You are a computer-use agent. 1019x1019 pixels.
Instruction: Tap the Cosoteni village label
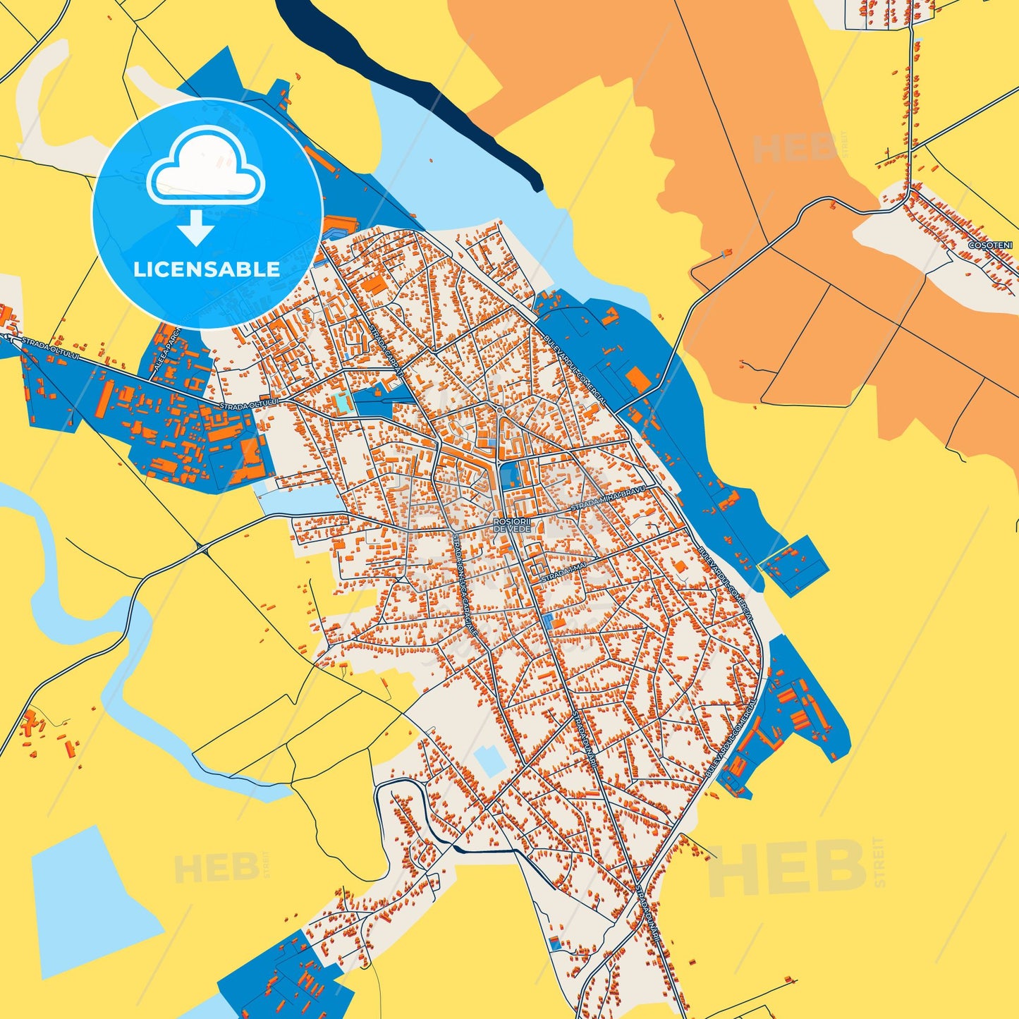(991, 245)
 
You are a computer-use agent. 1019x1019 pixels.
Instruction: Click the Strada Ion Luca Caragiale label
(465, 585)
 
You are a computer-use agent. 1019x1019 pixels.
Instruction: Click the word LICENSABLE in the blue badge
(207, 269)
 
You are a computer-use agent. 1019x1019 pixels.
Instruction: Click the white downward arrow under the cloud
(196, 228)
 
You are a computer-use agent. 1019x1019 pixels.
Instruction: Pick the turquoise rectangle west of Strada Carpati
(343, 403)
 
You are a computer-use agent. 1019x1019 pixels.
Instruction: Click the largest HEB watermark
(786, 869)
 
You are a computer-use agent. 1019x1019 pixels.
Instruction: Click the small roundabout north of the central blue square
(499, 410)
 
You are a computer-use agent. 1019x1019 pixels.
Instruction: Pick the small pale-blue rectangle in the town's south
(489, 760)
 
